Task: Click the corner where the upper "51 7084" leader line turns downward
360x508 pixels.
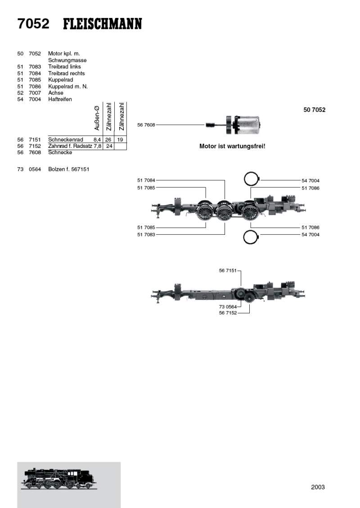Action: tap(225, 180)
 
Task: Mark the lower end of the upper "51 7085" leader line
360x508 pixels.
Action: tap(206, 198)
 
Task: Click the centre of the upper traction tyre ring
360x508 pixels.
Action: tap(252, 178)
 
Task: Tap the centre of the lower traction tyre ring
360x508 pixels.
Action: tap(251, 237)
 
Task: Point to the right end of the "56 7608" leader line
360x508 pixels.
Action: tap(204, 125)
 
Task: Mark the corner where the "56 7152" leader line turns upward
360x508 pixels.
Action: tap(250, 313)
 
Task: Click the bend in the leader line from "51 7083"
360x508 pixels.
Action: tap(225, 235)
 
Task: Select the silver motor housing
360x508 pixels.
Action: tap(248, 125)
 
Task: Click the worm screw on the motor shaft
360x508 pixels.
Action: tap(210, 125)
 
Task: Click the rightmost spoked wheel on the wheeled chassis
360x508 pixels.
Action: tap(249, 212)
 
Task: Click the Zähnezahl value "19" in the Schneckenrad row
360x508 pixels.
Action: tap(120, 140)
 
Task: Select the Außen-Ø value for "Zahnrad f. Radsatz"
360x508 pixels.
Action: tap(98, 146)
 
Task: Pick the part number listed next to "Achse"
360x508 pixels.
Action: tap(35, 93)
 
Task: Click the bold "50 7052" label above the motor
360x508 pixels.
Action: tap(314, 110)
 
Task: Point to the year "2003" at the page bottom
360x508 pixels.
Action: tap(318, 487)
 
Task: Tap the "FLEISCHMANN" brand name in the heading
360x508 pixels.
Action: tap(103, 24)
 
